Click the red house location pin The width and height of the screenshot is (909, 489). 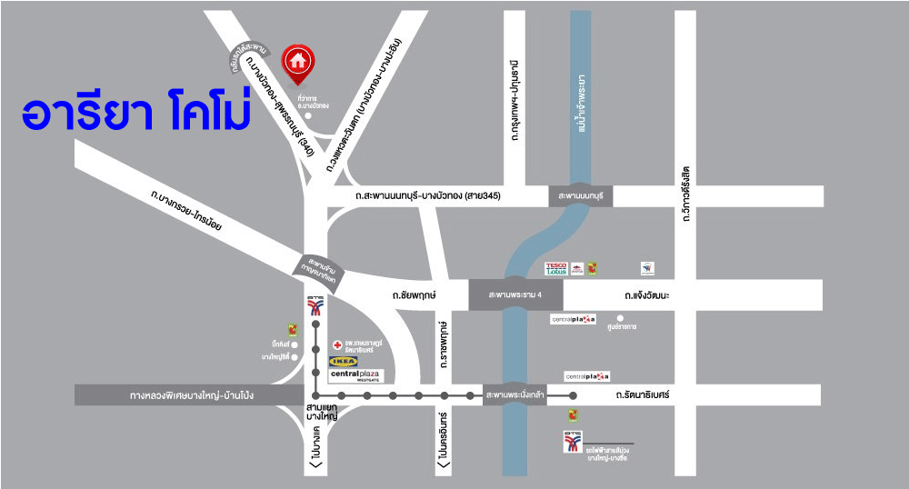tap(296, 62)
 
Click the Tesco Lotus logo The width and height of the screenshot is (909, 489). tap(556, 269)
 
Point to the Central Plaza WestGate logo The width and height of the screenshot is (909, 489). tap(355, 375)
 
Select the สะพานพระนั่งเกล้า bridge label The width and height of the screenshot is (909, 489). tap(514, 395)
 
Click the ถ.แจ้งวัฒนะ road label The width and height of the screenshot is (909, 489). tap(647, 295)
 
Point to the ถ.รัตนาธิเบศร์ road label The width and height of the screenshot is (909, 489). tap(642, 395)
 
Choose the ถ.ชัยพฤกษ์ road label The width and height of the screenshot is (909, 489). tap(415, 295)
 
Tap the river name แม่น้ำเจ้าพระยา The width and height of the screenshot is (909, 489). tap(581, 102)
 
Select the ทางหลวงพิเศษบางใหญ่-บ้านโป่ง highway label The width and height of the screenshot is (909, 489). tap(191, 395)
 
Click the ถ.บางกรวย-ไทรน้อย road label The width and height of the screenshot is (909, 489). tap(187, 211)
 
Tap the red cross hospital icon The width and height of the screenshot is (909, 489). tap(336, 345)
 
